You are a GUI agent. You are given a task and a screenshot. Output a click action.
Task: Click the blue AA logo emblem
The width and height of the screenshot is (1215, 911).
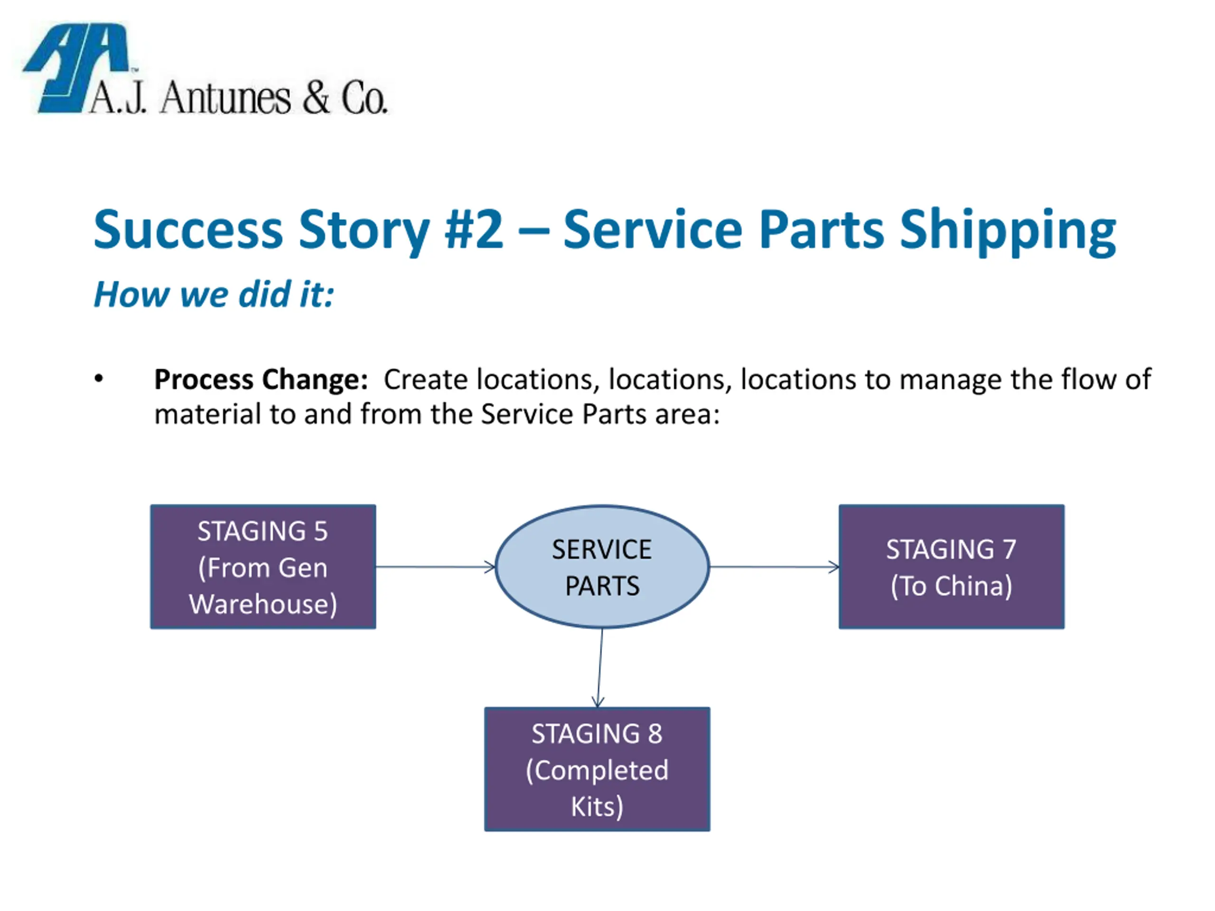coord(77,68)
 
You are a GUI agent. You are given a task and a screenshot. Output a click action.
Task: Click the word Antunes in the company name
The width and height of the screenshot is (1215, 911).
coord(225,99)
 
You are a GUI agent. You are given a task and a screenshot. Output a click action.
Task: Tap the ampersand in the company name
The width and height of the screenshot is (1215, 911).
coord(316,98)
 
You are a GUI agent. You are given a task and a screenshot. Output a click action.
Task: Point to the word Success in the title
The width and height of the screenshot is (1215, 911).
coord(188,229)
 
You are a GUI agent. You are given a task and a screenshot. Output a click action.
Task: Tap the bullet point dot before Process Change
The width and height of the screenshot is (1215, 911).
coord(99,379)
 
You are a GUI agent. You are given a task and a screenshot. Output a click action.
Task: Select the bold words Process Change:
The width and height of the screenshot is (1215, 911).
coord(261,380)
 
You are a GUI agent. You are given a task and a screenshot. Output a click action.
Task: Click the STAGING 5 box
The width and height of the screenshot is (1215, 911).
coord(263,567)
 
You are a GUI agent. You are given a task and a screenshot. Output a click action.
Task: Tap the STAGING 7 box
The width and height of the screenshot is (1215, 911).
coord(951,567)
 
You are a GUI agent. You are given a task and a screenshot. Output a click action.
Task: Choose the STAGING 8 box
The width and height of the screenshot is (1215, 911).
coord(597,769)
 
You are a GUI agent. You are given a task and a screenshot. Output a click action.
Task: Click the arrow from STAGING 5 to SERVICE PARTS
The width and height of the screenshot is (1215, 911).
coord(436,567)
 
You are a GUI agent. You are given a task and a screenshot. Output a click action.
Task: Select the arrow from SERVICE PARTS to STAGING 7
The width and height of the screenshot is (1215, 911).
coord(775,567)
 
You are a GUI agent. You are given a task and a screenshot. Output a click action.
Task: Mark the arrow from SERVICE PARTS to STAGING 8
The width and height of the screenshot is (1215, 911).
coord(600,668)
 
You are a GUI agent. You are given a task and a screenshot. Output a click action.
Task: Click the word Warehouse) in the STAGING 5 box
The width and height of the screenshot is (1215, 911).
coord(263,604)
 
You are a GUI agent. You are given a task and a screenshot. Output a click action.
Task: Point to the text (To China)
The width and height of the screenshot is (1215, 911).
coord(951,586)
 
